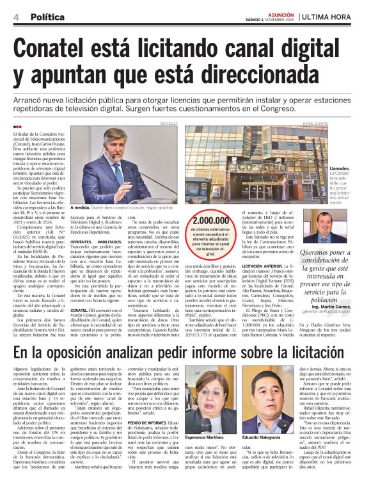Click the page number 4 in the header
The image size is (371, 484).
point(15,15)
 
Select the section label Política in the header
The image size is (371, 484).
point(47,15)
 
